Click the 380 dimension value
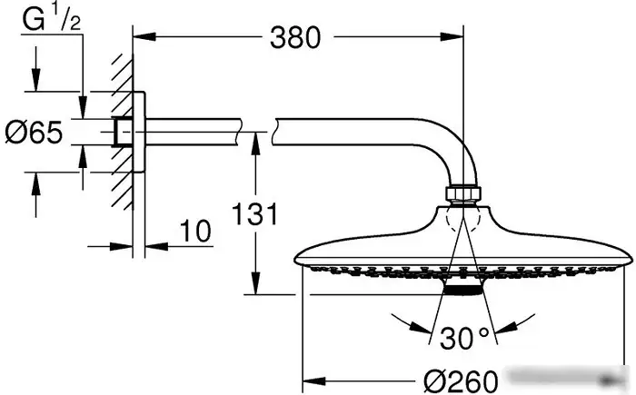coord(295,38)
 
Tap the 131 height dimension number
coord(254,213)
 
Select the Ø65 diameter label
coord(35,133)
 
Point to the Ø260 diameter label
coord(461,380)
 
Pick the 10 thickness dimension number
coord(195,232)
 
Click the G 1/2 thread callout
coord(52,19)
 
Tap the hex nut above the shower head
coord(463,193)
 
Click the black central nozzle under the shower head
coord(463,290)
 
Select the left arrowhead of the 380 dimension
coord(144,37)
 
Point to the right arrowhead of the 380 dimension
coord(452,37)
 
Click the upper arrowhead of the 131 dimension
coord(255,143)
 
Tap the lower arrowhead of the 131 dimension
coord(255,283)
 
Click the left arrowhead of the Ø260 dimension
coord(314,380)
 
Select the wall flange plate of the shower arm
coord(139,132)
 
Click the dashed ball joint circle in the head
coord(463,221)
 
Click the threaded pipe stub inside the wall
coord(123,132)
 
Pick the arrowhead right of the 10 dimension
coord(156,246)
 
